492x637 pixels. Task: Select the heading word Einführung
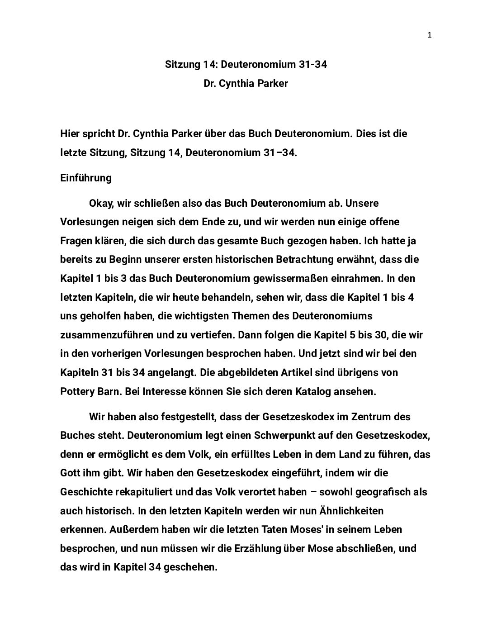coord(86,178)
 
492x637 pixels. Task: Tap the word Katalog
coord(308,391)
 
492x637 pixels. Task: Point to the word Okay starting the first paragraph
coord(101,203)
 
